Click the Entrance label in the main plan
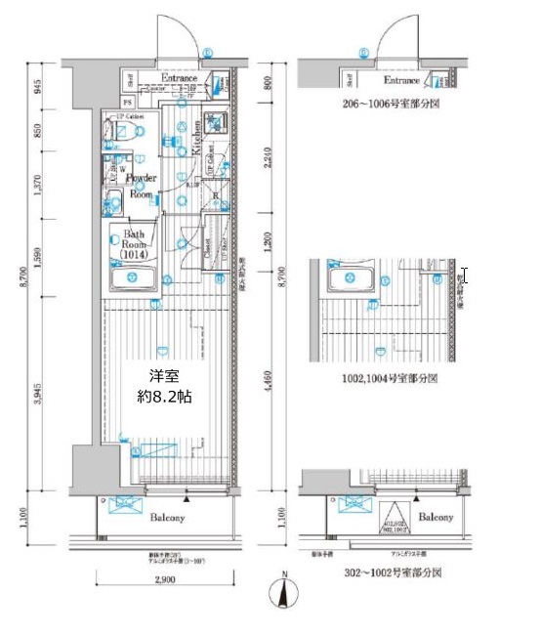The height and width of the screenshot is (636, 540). click(x=179, y=78)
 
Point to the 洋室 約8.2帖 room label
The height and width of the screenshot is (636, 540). click(x=163, y=387)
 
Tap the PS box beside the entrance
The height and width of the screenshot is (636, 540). click(x=127, y=102)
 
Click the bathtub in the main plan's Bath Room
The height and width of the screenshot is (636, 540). click(x=133, y=280)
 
